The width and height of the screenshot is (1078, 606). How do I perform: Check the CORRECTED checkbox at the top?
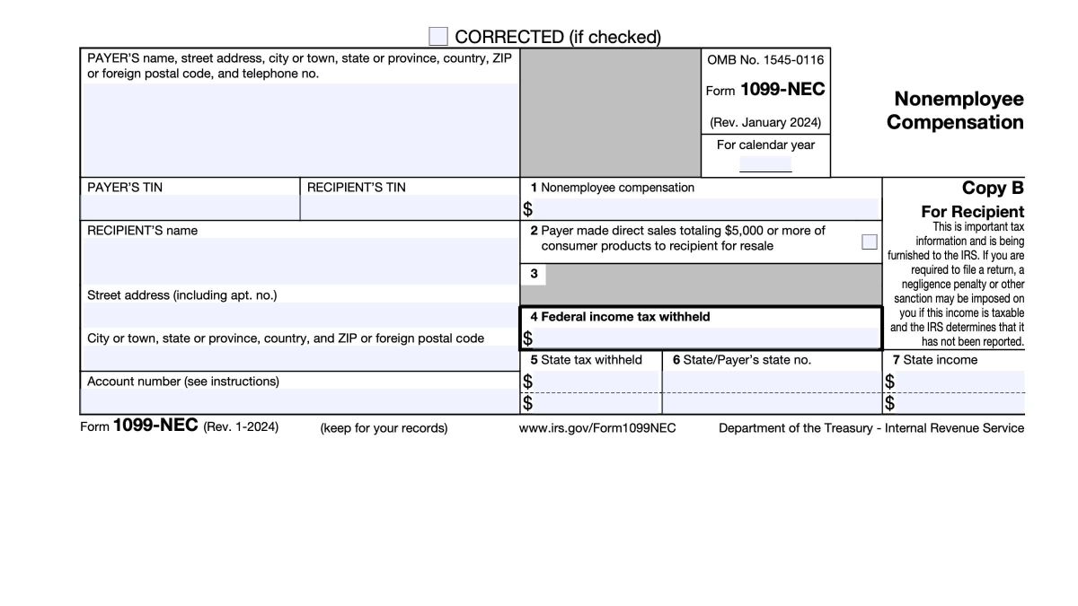(x=438, y=37)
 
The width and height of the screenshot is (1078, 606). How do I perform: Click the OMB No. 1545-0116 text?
(x=764, y=60)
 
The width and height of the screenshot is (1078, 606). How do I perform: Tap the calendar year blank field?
(x=765, y=164)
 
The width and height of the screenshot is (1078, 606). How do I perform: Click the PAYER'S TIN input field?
(x=190, y=207)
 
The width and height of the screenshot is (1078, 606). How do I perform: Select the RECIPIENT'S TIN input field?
(x=409, y=207)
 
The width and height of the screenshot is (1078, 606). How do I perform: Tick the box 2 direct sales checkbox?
(x=869, y=242)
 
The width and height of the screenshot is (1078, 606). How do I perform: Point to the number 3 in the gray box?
(x=535, y=275)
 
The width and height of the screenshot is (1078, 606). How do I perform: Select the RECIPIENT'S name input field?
(x=299, y=260)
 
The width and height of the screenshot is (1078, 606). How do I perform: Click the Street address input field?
(x=299, y=315)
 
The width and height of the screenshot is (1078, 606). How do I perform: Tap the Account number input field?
(x=299, y=401)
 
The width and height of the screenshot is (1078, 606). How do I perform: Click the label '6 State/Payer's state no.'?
(x=742, y=360)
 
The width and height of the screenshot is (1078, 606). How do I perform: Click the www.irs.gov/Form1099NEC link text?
(x=597, y=428)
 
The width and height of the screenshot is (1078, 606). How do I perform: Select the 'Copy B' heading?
(x=993, y=189)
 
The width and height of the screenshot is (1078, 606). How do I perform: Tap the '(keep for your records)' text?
(x=384, y=428)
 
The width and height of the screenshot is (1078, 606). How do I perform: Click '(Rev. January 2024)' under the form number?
(x=764, y=122)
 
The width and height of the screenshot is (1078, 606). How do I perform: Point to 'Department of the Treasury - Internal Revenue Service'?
(x=870, y=428)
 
